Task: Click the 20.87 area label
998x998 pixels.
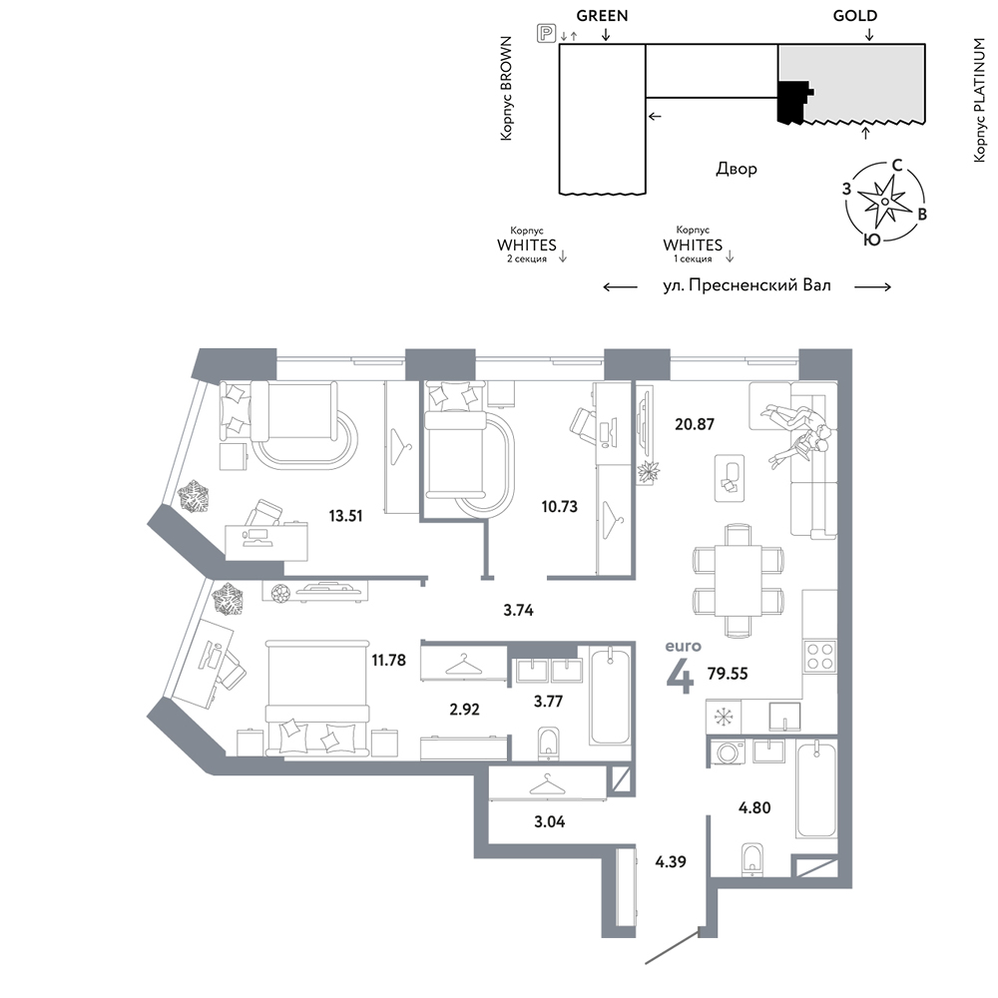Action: click(695, 424)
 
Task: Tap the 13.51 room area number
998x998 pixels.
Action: click(345, 516)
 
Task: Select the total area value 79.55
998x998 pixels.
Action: click(728, 674)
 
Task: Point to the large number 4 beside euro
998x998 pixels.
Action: click(680, 676)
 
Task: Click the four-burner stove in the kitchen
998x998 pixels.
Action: click(819, 657)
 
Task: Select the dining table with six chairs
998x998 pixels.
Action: click(738, 580)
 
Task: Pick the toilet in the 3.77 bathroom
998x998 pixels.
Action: click(548, 743)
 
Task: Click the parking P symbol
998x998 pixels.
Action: click(547, 34)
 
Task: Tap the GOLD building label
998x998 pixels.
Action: click(855, 15)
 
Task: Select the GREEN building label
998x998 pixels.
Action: click(602, 15)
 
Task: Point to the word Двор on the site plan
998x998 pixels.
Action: click(737, 170)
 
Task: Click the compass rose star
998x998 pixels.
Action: click(885, 202)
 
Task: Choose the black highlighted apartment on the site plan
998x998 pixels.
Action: click(794, 101)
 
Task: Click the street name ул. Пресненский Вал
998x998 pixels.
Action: click(748, 285)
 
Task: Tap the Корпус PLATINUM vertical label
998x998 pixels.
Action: click(979, 100)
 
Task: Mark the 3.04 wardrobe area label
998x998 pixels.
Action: click(549, 821)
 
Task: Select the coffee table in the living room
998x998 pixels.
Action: click(730, 477)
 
